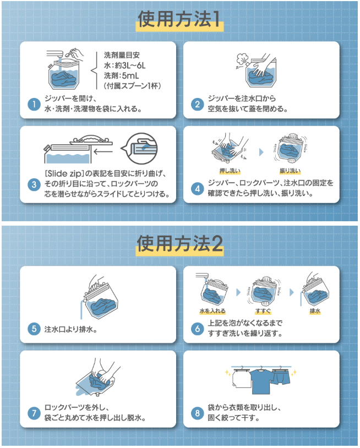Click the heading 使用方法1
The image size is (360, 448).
pyautogui.click(x=179, y=19)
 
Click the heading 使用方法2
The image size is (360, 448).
pyautogui.click(x=179, y=244)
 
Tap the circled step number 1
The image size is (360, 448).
pyautogui.click(x=34, y=104)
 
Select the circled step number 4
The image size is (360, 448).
pyautogui.click(x=198, y=189)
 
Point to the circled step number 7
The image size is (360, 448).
pyautogui.click(x=34, y=413)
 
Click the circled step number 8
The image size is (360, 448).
pyautogui.click(x=198, y=413)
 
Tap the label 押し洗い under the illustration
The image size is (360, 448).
pyautogui.click(x=230, y=171)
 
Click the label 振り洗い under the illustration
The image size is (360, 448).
pyautogui.click(x=290, y=171)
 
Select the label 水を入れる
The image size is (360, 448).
pyautogui.click(x=212, y=311)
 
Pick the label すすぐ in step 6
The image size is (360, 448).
pyautogui.click(x=263, y=311)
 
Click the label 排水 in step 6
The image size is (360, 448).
pyautogui.click(x=315, y=311)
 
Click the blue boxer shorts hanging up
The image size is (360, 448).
pyautogui.click(x=281, y=377)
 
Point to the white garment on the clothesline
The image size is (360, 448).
pyautogui.click(x=241, y=379)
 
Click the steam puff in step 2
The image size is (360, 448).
pyautogui.click(x=242, y=59)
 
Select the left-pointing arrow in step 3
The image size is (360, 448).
pyautogui.click(x=103, y=151)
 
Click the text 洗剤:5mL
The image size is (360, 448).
pyautogui.click(x=122, y=76)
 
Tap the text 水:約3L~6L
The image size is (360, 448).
pyautogui.click(x=125, y=65)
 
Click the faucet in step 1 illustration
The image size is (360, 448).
pyautogui.click(x=55, y=55)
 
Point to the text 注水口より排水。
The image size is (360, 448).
pyautogui.click(x=71, y=330)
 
